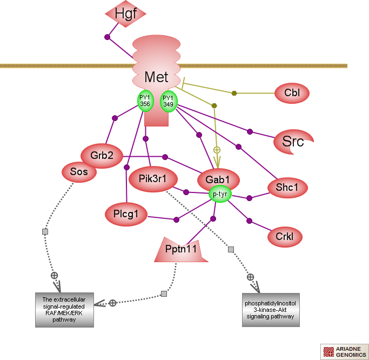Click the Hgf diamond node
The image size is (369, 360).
tap(125, 14)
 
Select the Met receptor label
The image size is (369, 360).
tap(156, 77)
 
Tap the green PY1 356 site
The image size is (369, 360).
tap(145, 101)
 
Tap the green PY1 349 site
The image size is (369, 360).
tap(168, 101)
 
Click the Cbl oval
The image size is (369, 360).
tap(292, 93)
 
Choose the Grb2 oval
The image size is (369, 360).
tap(102, 156)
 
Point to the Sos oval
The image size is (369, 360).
tap(79, 172)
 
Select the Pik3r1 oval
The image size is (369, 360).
tap(151, 179)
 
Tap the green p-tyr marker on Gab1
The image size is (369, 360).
tap(219, 194)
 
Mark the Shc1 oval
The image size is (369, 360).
tap(287, 187)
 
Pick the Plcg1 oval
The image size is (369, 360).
tap(126, 214)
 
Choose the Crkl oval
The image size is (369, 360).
tap(284, 236)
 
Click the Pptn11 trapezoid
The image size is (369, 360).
tap(181, 250)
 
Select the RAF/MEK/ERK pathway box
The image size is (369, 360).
tap(64, 310)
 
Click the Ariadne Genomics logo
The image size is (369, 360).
tap(344, 352)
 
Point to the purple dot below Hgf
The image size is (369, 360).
tap(107, 37)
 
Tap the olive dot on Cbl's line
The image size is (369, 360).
tap(234, 93)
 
